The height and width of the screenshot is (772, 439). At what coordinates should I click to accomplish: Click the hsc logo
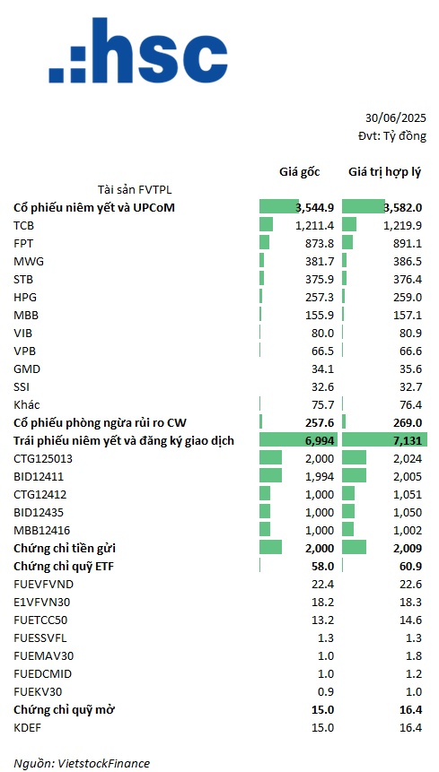138,50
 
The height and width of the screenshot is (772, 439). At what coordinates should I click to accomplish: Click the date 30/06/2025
396,118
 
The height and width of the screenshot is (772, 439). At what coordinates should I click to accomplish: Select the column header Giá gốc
300,171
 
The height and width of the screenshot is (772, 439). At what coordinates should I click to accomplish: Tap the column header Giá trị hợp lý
385,172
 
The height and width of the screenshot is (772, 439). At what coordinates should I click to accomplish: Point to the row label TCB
23,225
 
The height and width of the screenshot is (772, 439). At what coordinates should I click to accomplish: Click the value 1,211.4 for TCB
315,225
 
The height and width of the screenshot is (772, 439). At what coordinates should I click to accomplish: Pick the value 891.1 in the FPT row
407,243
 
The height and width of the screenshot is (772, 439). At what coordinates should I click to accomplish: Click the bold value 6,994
321,440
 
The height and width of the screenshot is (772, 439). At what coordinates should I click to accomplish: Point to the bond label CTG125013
43,459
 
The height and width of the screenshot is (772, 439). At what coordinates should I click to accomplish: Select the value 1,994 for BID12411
321,477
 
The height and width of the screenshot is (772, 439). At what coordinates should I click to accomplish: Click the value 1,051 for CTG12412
409,494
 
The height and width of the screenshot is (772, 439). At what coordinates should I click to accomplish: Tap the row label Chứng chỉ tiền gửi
65,548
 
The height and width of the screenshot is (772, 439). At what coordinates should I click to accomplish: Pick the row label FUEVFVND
44,584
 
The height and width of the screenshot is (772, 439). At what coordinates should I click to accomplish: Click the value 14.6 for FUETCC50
411,620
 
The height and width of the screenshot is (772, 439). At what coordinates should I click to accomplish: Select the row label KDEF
27,727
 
